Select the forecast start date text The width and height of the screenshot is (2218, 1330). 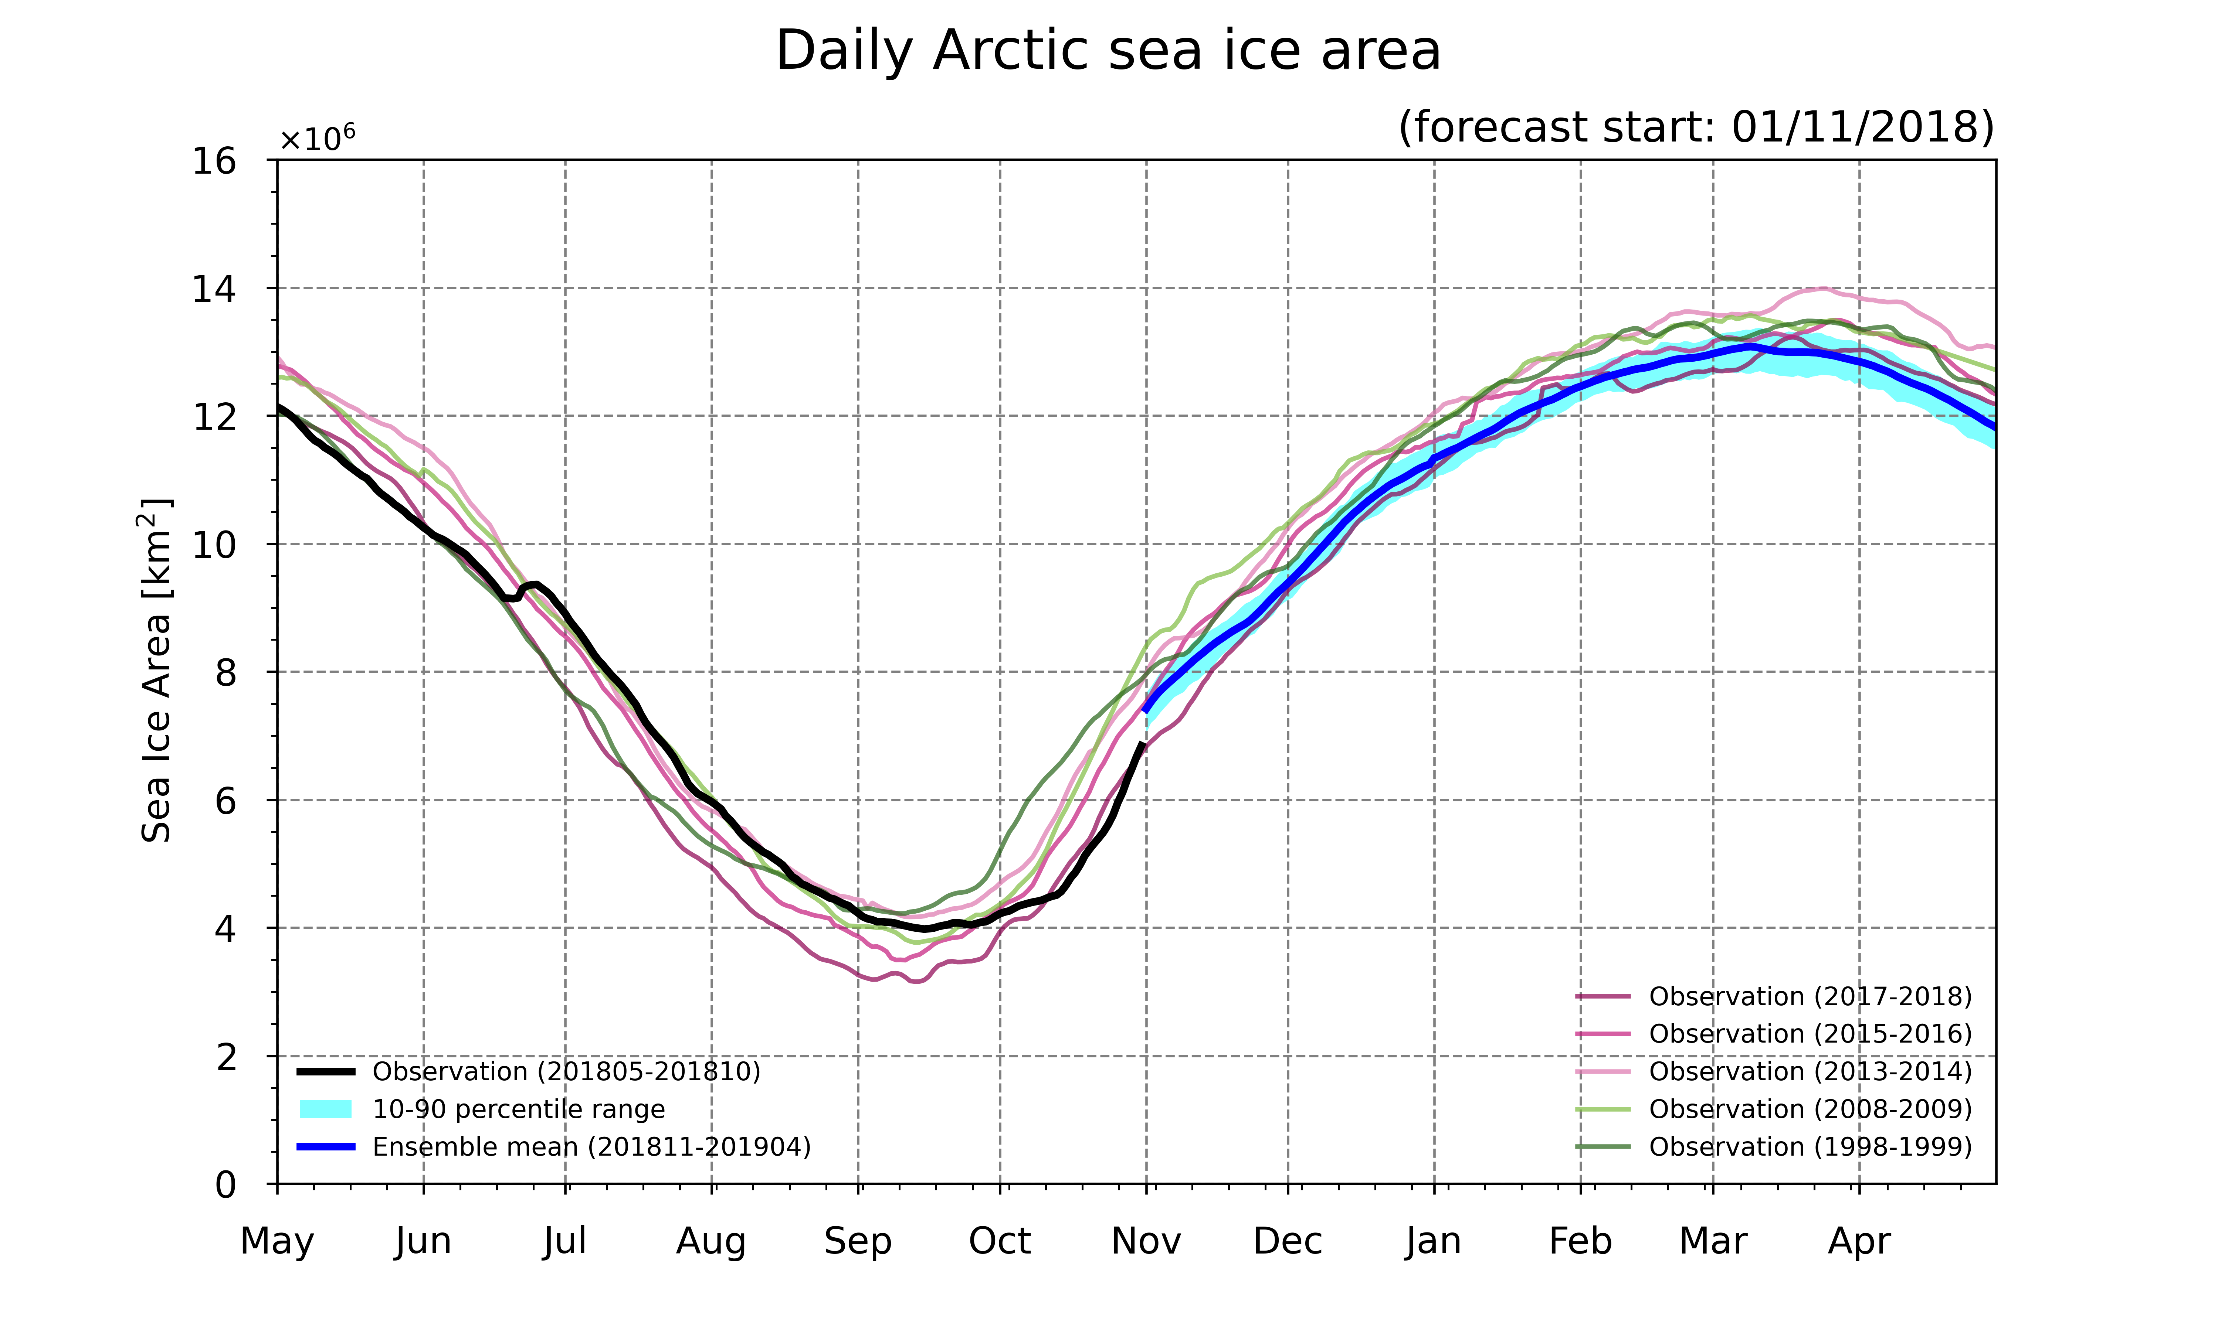coord(1696,127)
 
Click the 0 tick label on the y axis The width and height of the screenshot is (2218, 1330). coord(226,1185)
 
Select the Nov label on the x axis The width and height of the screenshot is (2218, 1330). coord(1146,1241)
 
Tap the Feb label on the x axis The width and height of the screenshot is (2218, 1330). coord(1581,1241)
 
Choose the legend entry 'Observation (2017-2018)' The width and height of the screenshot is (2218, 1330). coord(1773,997)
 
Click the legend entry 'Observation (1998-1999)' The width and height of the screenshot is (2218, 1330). coord(1773,1147)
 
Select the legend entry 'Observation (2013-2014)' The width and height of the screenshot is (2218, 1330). coord(1773,1072)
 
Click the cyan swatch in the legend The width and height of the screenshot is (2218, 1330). coord(325,1109)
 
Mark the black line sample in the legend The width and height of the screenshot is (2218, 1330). coord(325,1072)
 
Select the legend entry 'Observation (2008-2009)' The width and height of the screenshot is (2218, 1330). coord(1773,1109)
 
